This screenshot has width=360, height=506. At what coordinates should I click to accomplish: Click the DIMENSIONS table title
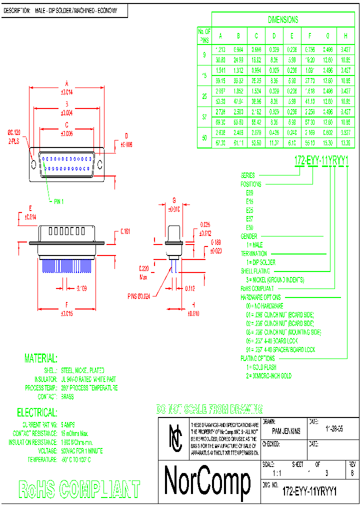pos(283,20)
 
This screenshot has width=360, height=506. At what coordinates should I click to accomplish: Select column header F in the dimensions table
pos(310,36)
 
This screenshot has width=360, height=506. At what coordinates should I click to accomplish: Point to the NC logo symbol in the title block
pos(175,437)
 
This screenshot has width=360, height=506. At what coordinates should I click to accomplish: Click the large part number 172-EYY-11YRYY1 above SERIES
pos(321,160)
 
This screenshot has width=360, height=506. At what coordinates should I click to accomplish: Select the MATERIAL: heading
pos(41,358)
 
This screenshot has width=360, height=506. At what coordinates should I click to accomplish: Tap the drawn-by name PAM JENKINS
pos(286,431)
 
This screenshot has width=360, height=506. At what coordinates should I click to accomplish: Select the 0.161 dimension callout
pos(125,231)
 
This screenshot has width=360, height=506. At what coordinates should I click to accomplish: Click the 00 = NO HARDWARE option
pos(271,305)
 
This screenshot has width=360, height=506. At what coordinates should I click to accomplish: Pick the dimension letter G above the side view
pos(174,200)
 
